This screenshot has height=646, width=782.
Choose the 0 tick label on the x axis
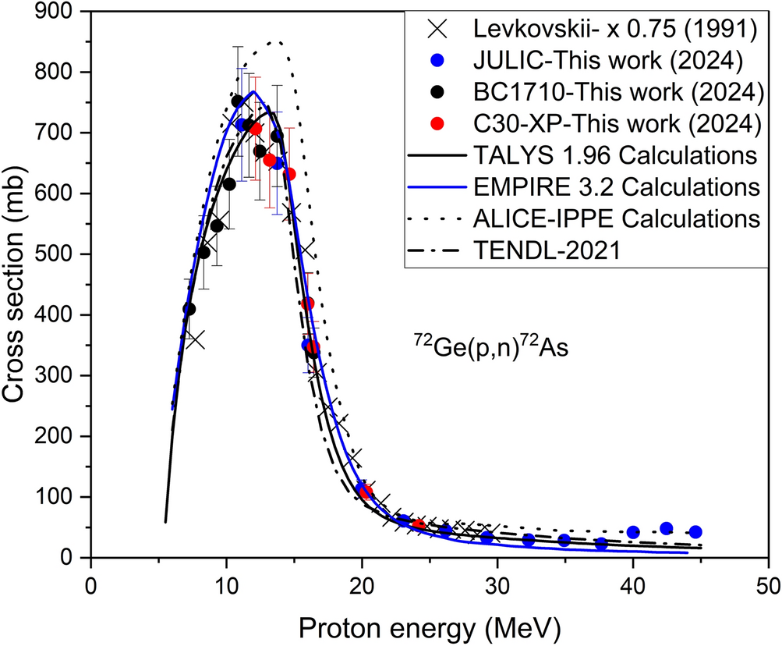coord(91,584)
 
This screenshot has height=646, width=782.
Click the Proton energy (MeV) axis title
coord(430,624)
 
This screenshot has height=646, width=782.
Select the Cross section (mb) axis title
coord(19,285)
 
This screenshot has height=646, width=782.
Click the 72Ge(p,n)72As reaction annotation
coord(490,346)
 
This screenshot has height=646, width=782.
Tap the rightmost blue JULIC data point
coord(695,531)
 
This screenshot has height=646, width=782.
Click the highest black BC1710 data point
coord(237,101)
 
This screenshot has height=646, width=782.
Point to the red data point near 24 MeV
coord(419,525)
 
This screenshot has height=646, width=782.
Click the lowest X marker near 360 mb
coord(195,339)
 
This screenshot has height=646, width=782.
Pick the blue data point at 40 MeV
coord(633,532)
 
